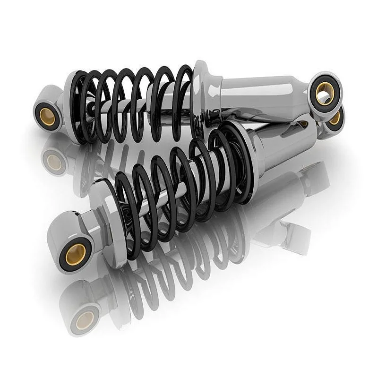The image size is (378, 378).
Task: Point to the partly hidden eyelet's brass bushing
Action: [335, 118]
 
